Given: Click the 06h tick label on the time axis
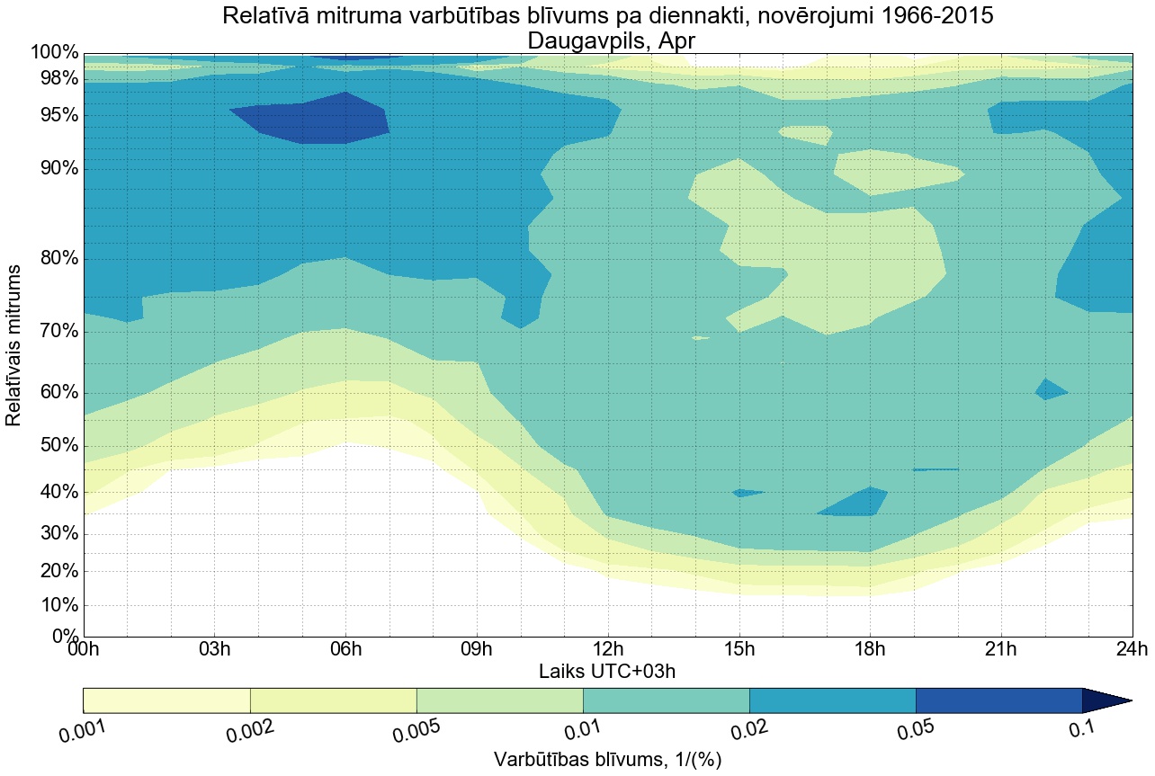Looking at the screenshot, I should [x=345, y=649].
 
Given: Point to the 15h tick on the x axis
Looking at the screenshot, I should [x=739, y=649].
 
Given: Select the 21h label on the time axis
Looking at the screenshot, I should [x=1000, y=649].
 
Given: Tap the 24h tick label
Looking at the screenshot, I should [x=1131, y=649].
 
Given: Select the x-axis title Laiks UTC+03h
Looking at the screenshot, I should [x=607, y=671].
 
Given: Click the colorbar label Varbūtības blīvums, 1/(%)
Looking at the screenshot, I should [x=607, y=759].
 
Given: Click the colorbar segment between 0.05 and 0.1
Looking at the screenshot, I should [x=998, y=700].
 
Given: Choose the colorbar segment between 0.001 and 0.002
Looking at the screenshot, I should [x=166, y=700].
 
